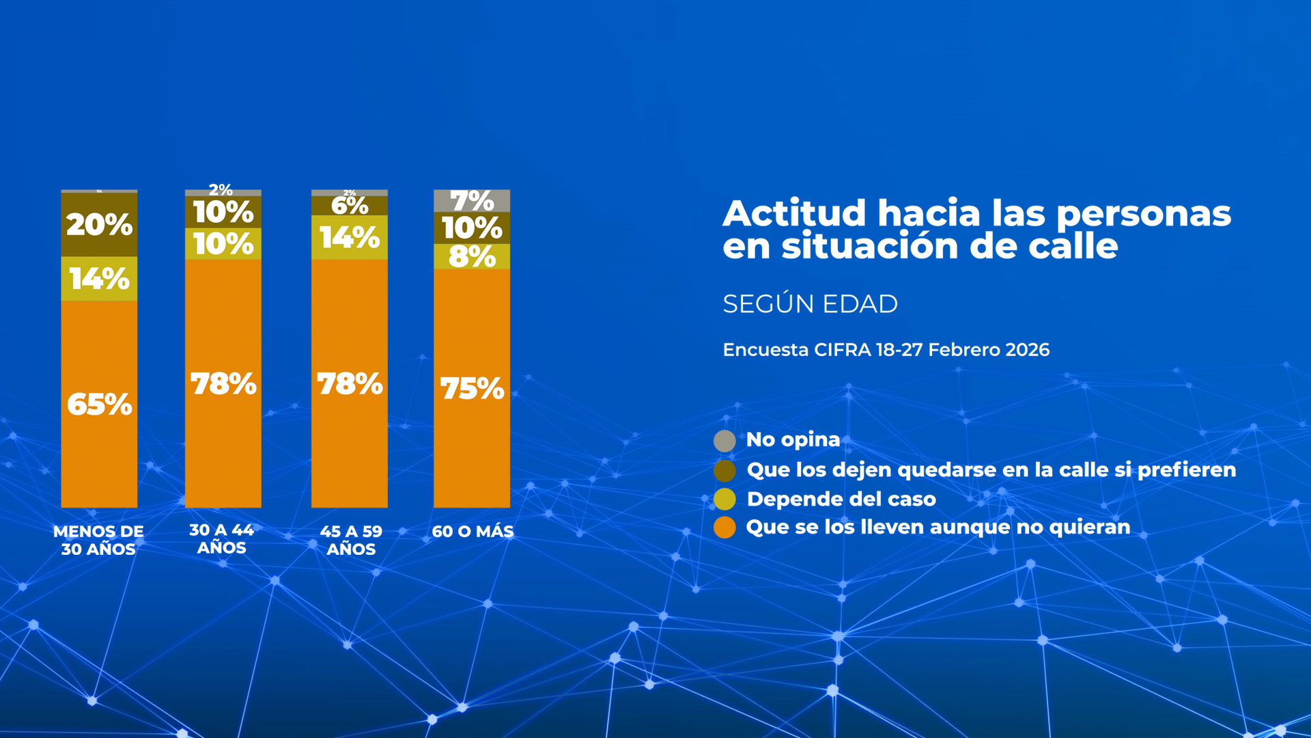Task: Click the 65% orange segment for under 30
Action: [99, 405]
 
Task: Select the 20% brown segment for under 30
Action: [99, 225]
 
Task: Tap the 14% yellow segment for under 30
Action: [99, 279]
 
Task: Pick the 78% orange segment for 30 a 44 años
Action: [223, 383]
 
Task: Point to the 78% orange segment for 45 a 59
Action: [350, 383]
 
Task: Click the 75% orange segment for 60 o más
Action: [472, 388]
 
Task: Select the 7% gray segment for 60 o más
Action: [472, 201]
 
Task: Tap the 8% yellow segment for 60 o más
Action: [472, 257]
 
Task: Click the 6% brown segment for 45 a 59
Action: [350, 206]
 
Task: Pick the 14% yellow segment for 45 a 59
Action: [350, 237]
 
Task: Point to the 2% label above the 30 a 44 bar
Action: [221, 189]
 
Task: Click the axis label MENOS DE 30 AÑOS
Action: [98, 540]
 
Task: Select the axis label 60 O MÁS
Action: [473, 531]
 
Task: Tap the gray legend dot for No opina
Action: [724, 441]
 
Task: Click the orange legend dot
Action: [724, 528]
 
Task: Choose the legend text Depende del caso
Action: [841, 499]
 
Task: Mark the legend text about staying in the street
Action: [991, 469]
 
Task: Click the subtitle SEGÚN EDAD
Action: [810, 304]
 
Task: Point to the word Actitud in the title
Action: [795, 213]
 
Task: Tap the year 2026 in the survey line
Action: [1027, 350]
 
